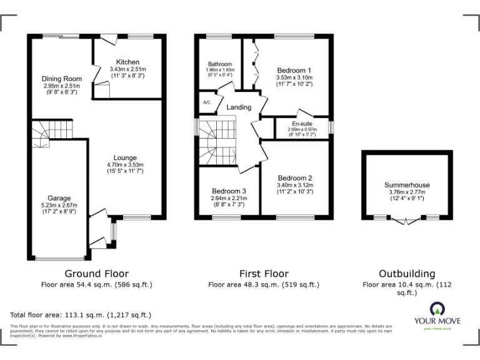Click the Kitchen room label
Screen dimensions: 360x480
pos(127,62)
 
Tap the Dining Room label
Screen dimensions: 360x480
pos(62,78)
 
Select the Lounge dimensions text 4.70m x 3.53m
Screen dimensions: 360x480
pos(125,164)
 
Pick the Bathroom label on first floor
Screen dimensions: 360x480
pos(220,64)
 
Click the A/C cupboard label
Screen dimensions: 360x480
pos(207,102)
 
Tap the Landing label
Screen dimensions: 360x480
pos(239,107)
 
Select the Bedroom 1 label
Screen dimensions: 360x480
pos(294,70)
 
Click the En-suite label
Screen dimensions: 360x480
pos(302,124)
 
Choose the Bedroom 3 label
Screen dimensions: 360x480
pos(228,191)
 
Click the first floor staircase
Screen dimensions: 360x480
pos(216,141)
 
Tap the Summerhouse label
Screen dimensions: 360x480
pos(407,185)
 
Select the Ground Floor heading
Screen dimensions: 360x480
pos(97,274)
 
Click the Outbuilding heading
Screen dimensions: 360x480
pos(407,274)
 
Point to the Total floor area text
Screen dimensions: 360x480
pos(81,315)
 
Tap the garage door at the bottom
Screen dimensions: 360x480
pos(61,258)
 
